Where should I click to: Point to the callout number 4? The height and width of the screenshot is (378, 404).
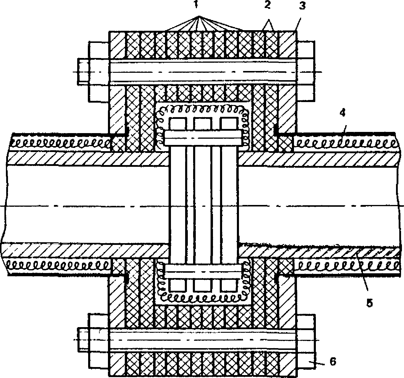(342, 114)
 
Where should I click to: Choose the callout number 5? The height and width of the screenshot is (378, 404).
(369, 303)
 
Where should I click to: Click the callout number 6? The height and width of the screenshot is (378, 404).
(333, 361)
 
